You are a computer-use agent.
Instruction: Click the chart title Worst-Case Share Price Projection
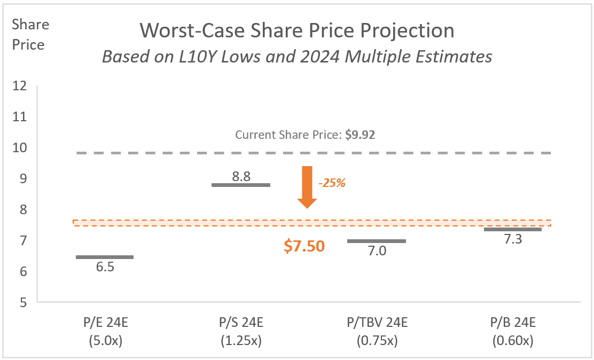(297, 31)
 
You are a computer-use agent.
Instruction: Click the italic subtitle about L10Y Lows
(297, 57)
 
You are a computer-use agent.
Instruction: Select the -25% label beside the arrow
(332, 183)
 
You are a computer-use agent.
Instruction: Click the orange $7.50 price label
(304, 246)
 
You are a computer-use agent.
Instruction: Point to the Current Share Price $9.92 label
(305, 135)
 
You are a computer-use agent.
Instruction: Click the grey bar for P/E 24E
(105, 257)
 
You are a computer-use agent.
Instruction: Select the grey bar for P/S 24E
(241, 185)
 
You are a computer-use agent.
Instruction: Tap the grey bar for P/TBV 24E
(377, 241)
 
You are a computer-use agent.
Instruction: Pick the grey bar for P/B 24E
(513, 229)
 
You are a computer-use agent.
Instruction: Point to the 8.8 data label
(241, 176)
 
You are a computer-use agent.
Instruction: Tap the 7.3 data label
(513, 240)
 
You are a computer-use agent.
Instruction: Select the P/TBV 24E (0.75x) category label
(377, 331)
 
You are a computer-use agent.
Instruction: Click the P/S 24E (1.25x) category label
(241, 331)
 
